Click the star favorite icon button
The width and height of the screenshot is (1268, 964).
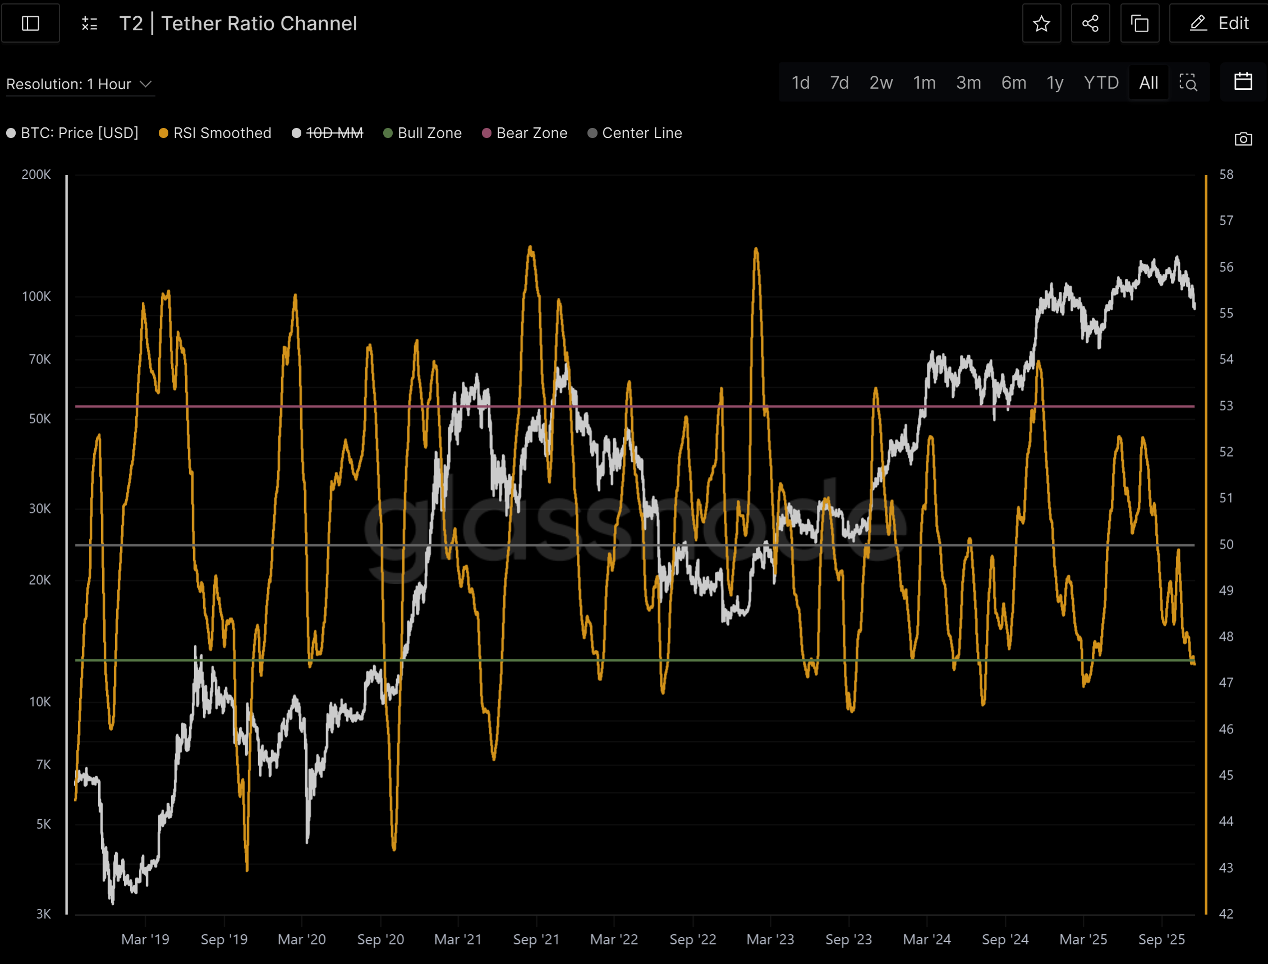coord(1041,24)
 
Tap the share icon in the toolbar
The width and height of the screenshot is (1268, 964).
coord(1090,24)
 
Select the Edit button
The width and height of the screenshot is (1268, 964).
coord(1219,24)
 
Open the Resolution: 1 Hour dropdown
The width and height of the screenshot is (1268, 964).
coord(79,84)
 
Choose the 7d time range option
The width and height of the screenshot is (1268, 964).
coord(839,83)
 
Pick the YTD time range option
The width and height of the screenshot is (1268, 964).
coord(1100,83)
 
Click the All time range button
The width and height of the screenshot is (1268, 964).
coord(1148,83)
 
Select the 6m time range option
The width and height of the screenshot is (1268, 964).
coord(1013,83)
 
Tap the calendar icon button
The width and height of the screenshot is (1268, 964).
coord(1243,82)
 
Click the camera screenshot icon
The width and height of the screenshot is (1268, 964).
coord(1243,139)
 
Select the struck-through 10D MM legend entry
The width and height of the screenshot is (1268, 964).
coord(328,133)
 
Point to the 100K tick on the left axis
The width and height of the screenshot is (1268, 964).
coord(36,297)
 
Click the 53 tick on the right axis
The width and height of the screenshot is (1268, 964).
coord(1225,406)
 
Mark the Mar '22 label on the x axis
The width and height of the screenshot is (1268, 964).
coord(614,939)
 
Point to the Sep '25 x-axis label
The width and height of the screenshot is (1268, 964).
coord(1161,939)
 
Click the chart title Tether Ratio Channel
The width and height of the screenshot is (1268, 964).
coord(259,24)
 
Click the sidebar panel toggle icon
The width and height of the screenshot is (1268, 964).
coord(30,24)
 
